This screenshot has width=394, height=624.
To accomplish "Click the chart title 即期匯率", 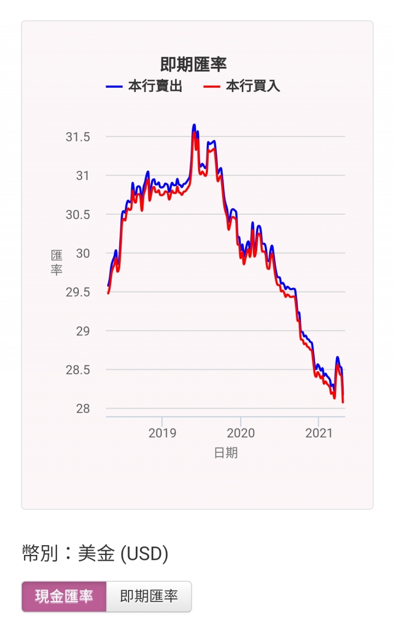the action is click(193, 65).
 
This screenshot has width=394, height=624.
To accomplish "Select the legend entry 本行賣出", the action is click(144, 86).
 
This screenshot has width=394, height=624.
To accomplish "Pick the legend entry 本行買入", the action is click(242, 86).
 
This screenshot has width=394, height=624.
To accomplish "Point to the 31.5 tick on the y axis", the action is click(78, 137).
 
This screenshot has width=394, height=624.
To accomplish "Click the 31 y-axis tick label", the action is click(83, 175).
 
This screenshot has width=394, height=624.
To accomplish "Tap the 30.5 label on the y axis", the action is click(78, 215).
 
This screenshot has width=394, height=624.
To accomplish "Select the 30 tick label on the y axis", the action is click(83, 253).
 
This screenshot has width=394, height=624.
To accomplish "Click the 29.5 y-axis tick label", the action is click(78, 292).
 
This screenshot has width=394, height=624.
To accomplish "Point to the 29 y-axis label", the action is click(83, 331).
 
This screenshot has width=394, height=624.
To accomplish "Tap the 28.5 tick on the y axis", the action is click(78, 370).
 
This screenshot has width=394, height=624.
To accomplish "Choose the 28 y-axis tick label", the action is click(83, 409).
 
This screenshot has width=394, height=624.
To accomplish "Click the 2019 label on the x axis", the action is click(162, 433).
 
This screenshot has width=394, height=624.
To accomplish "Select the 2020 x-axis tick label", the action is click(241, 433).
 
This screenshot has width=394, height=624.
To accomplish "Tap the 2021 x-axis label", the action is click(318, 433).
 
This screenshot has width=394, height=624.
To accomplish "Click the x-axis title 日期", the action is click(226, 453).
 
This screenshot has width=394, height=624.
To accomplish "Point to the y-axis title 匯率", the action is click(56, 262).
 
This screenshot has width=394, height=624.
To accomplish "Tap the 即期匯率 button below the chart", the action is click(149, 596).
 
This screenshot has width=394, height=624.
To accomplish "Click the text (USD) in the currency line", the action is click(144, 553).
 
